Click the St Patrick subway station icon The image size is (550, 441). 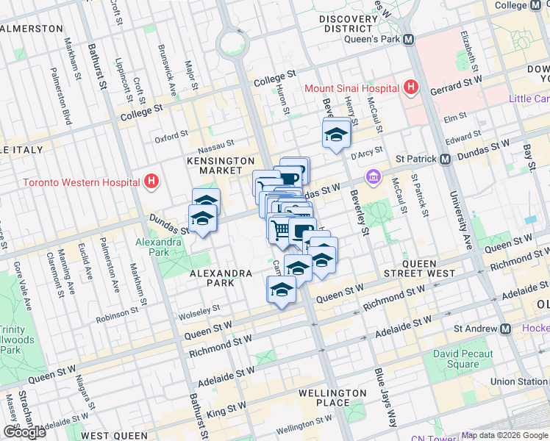(x=445, y=159)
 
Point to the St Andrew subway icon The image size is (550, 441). (x=505, y=329)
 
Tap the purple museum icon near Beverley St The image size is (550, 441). (x=374, y=177)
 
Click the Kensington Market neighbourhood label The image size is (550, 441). (x=220, y=165)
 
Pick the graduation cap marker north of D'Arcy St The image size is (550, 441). (x=336, y=135)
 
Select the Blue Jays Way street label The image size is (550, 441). (x=382, y=398)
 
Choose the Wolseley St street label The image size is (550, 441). (x=199, y=308)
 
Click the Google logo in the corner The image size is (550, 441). (x=24, y=432)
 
